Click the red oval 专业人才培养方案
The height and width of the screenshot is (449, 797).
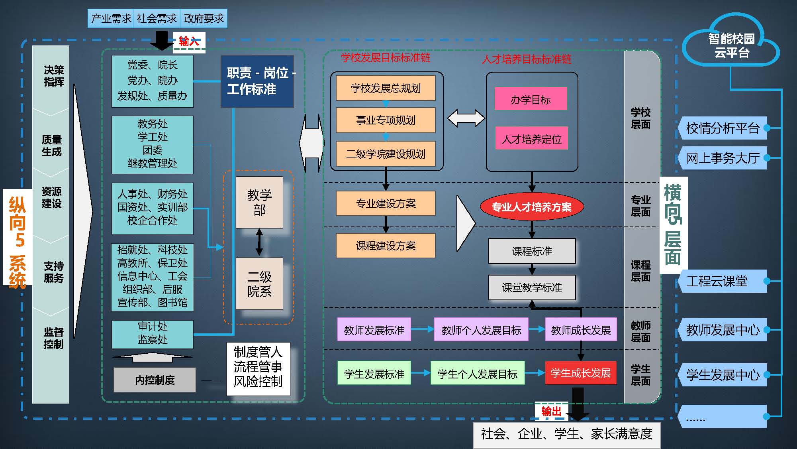coord(531,207)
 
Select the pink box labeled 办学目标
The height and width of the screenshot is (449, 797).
coord(531,99)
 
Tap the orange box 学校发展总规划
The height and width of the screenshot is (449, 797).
coord(385,88)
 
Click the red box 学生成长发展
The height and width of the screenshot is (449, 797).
coord(580,373)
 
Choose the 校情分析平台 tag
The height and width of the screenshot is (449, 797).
coord(723,128)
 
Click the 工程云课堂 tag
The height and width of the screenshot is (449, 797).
coord(723,281)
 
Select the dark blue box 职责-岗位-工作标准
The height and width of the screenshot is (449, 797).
coord(257,81)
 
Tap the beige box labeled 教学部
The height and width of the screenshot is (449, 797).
coord(259,202)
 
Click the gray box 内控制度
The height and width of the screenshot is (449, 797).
coord(155,380)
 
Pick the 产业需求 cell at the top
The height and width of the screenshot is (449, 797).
coord(111,18)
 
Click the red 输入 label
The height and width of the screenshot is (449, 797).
coord(188,41)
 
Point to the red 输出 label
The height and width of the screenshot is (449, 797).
coord(551,411)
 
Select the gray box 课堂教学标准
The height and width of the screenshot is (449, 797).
coord(532,288)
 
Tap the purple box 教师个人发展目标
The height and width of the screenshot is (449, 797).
coord(481,330)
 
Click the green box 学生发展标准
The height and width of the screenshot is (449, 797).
coord(374,374)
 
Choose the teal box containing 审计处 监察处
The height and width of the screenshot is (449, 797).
coord(152,333)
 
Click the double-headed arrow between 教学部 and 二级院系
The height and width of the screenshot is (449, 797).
coord(259,242)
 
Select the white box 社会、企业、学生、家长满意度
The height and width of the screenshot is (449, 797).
coord(566,434)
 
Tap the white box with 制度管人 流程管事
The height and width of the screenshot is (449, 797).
coord(258,367)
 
